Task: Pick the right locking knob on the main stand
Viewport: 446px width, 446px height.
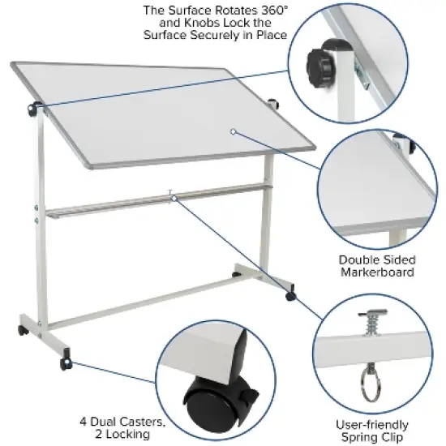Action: pos(273,104)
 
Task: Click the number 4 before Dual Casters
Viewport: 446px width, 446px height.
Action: pos(84,422)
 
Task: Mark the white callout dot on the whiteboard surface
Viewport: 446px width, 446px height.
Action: pos(232,130)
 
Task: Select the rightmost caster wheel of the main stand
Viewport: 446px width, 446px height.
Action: pos(290,298)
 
